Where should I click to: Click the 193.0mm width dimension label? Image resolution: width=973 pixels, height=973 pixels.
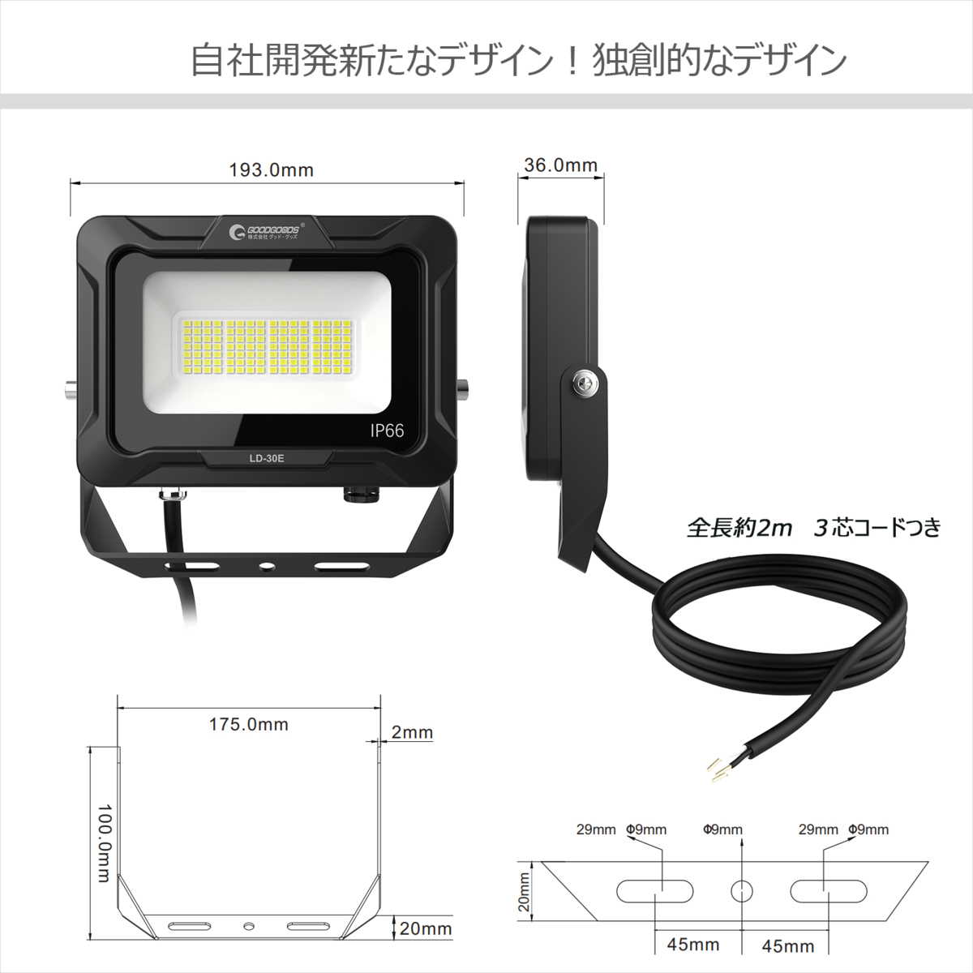click(x=271, y=169)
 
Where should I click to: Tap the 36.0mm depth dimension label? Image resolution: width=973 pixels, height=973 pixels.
click(x=560, y=165)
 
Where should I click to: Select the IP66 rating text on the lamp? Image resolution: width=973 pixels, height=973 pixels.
click(x=387, y=431)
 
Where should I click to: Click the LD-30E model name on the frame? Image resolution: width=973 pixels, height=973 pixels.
click(x=266, y=458)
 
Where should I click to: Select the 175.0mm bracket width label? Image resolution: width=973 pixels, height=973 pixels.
click(x=248, y=724)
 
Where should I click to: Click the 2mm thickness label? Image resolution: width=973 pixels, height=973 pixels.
click(x=412, y=732)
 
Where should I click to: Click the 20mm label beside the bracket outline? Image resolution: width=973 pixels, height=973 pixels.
click(x=425, y=928)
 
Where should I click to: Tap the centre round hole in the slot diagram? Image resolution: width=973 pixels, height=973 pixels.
click(x=741, y=890)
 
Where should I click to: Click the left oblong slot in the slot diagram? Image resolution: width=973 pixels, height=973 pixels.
click(x=655, y=890)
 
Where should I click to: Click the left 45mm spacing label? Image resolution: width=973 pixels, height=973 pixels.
click(x=692, y=945)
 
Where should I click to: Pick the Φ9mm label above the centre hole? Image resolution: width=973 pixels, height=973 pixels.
click(x=722, y=829)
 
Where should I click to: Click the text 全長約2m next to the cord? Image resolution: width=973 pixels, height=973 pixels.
click(x=739, y=528)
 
